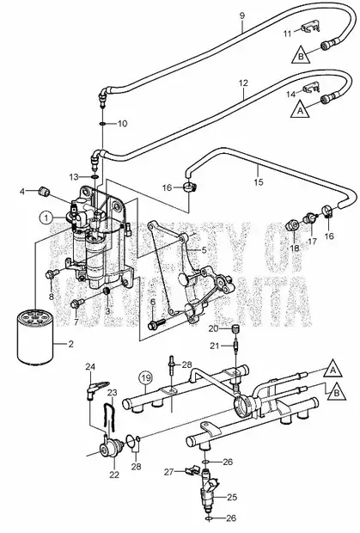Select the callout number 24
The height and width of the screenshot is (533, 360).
click(x=89, y=368)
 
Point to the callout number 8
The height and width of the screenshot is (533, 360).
click(x=52, y=296)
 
